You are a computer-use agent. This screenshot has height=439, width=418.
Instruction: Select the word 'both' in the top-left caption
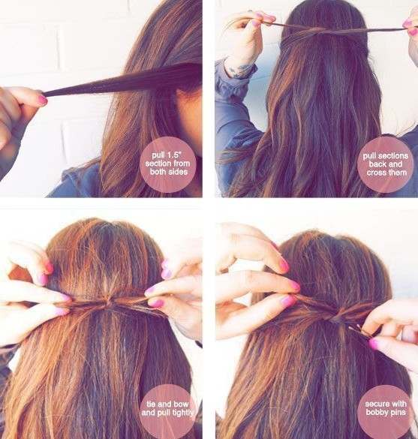(158, 172)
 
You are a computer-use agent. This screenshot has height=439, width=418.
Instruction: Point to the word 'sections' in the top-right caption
(392, 155)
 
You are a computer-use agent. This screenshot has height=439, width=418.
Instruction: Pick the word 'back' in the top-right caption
(377, 164)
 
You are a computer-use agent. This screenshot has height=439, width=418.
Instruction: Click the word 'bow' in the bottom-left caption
(181, 404)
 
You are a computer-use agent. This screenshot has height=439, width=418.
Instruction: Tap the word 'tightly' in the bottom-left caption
(181, 413)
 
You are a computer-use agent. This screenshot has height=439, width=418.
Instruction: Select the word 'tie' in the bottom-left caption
(152, 404)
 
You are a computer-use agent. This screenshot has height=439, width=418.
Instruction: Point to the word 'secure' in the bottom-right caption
(376, 404)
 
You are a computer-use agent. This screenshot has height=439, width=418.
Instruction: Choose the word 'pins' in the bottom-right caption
(398, 413)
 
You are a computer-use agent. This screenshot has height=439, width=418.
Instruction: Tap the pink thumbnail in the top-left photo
(42, 100)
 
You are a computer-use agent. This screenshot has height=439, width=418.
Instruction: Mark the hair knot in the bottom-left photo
(110, 303)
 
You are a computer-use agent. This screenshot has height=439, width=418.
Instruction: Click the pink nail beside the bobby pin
(374, 343)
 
